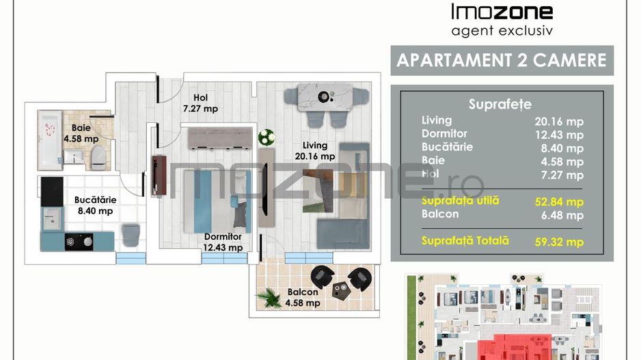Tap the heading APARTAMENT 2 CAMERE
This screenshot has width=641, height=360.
[x=502, y=60]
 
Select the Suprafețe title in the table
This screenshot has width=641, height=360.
[x=500, y=104]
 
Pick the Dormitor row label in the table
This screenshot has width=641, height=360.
[x=444, y=134]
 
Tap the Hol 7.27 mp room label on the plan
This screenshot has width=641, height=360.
[x=200, y=103]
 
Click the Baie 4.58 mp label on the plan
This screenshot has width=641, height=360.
[x=81, y=133]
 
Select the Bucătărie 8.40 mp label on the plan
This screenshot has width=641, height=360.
[x=95, y=206]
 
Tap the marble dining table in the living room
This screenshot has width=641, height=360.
[x=324, y=98]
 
